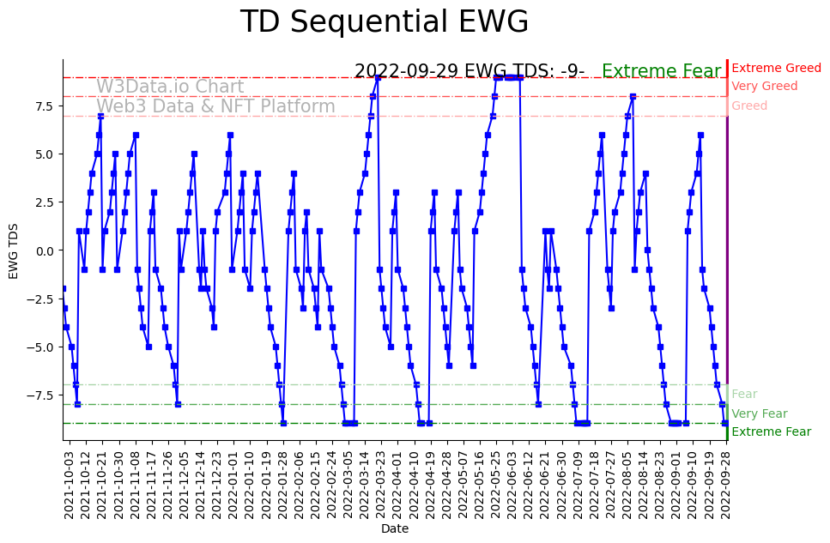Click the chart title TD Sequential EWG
point(384,22)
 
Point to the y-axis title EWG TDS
point(14,250)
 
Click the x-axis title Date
point(395,529)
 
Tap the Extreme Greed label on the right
point(776,68)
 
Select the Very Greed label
point(764,87)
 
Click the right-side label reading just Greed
point(749,106)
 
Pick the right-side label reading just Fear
point(744,394)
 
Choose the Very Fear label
point(759,413)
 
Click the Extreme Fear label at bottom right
point(771,432)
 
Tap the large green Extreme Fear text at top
point(661,71)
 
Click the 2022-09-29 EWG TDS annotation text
point(470,71)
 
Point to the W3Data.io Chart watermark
point(170,87)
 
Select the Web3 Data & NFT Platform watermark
point(215,106)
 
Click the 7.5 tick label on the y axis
point(45,106)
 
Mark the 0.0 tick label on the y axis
point(45,250)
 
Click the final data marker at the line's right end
point(725,423)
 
